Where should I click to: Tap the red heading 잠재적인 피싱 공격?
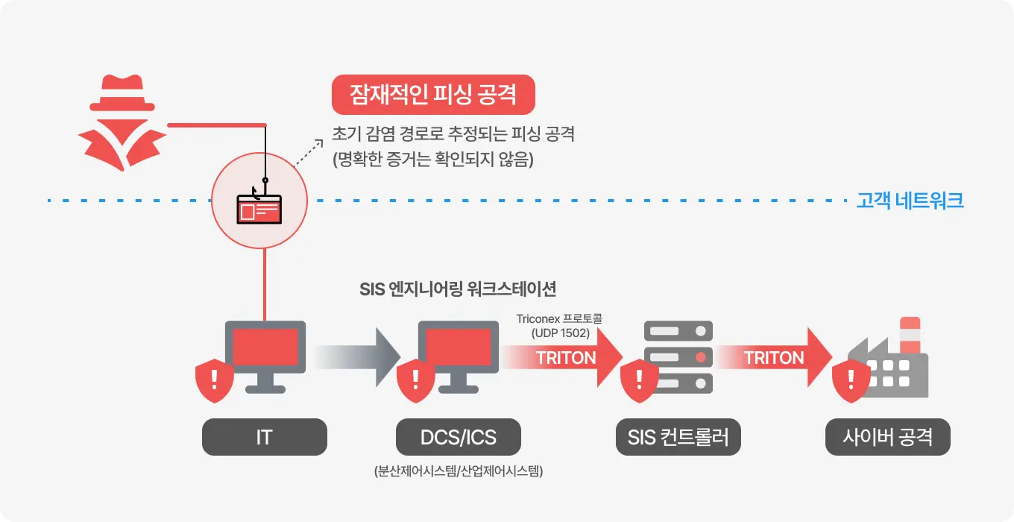(x=433, y=95)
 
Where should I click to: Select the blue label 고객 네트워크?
(x=910, y=201)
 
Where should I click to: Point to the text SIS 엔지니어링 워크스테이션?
(x=458, y=289)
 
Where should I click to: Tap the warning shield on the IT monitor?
(x=215, y=380)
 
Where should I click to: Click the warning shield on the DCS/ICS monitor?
(x=416, y=380)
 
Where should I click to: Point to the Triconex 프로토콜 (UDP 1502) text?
(x=559, y=326)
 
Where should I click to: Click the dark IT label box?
(x=265, y=437)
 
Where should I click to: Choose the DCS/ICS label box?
(x=458, y=437)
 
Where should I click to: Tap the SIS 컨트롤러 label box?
(x=678, y=437)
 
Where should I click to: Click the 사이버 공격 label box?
(x=887, y=437)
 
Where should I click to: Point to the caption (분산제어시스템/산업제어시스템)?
(x=458, y=471)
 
